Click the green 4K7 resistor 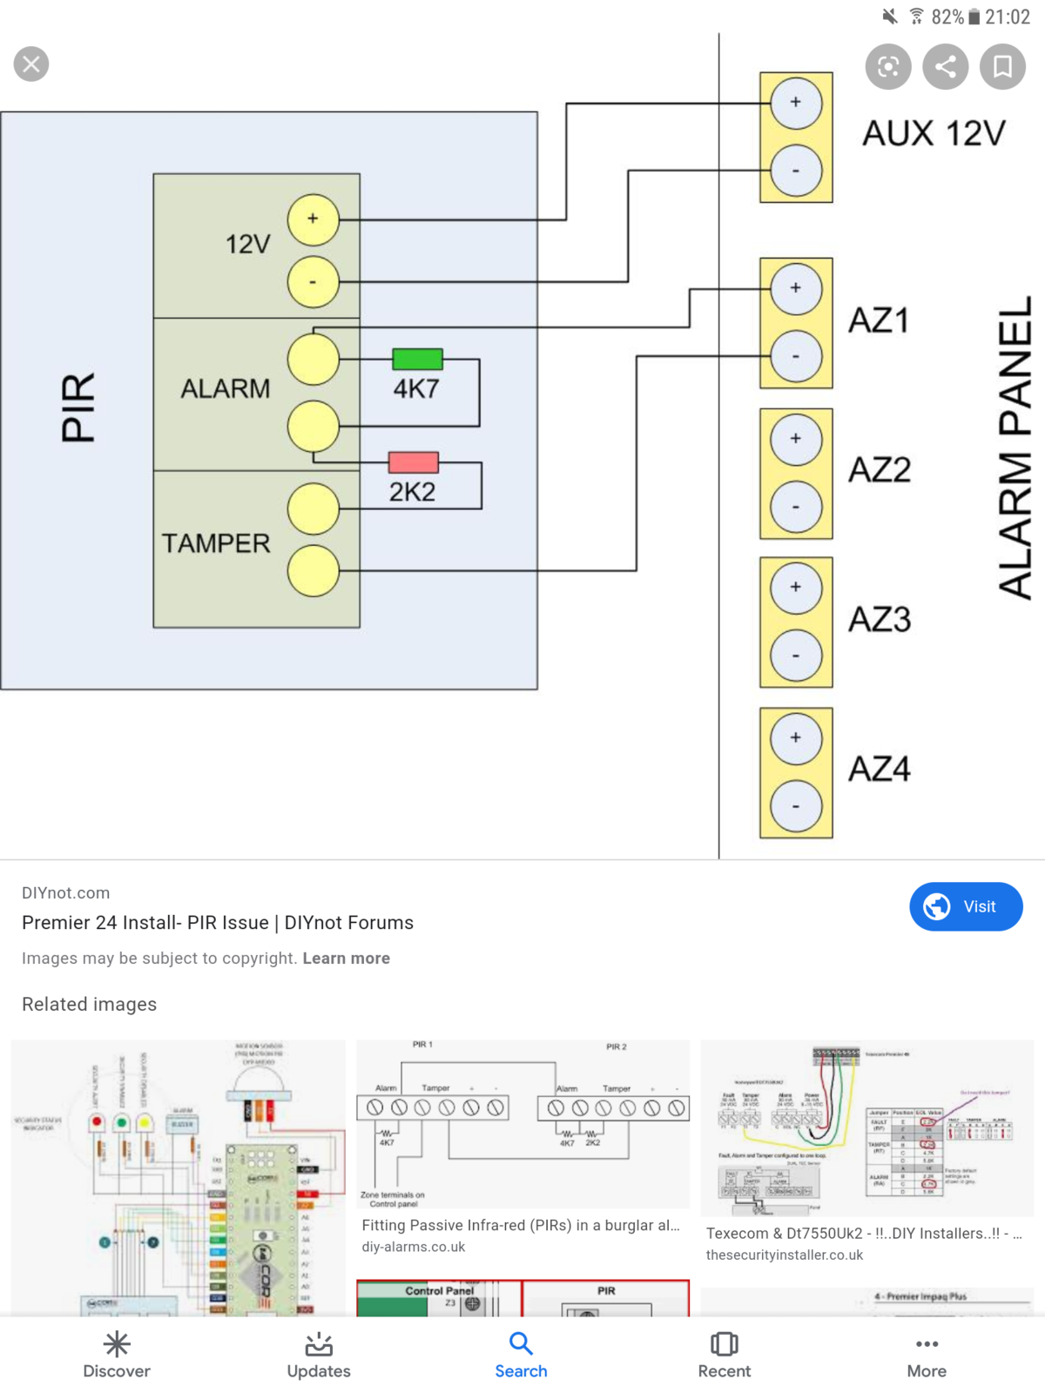point(417,359)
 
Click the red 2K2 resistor point(413,462)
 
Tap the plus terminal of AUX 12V point(795,103)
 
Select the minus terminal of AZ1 point(795,356)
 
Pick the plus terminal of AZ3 point(795,588)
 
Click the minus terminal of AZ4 point(795,806)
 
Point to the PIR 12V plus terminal point(313,219)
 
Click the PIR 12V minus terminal point(313,282)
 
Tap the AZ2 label point(880,470)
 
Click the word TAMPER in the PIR point(216,543)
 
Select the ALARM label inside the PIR point(226,388)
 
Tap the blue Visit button point(966,906)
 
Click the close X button point(31,64)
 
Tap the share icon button point(946,66)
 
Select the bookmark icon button point(1002,66)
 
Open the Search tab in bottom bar point(521,1355)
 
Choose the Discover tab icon point(117,1345)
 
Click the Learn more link point(346,958)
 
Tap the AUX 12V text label point(934,133)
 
